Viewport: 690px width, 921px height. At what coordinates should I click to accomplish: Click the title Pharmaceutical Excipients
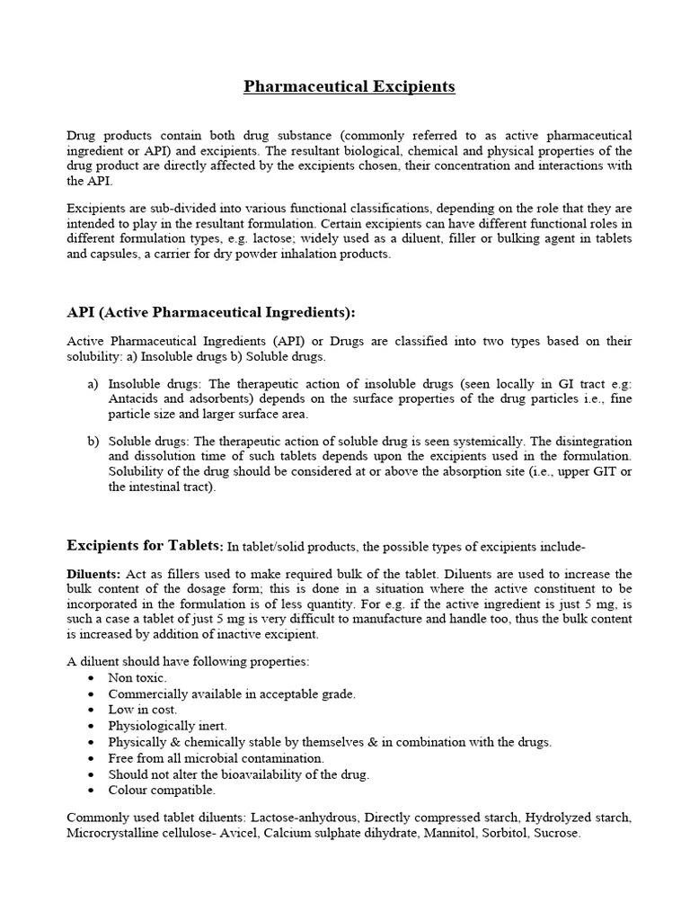click(349, 87)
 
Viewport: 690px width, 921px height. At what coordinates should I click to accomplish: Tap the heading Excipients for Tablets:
click(145, 545)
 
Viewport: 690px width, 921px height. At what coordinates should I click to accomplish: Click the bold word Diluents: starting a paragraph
click(93, 574)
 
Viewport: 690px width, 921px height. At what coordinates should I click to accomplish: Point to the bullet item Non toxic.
click(137, 677)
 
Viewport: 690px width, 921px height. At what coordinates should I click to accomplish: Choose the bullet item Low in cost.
click(142, 709)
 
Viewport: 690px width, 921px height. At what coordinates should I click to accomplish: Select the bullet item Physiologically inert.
click(167, 725)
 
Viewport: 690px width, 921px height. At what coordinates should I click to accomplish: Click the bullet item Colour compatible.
click(162, 790)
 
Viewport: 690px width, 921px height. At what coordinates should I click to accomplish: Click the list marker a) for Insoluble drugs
click(93, 382)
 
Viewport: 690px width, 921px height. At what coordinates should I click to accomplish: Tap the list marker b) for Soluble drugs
click(93, 441)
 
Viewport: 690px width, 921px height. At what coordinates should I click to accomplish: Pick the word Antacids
click(133, 398)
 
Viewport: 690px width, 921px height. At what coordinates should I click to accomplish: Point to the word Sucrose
click(557, 833)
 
